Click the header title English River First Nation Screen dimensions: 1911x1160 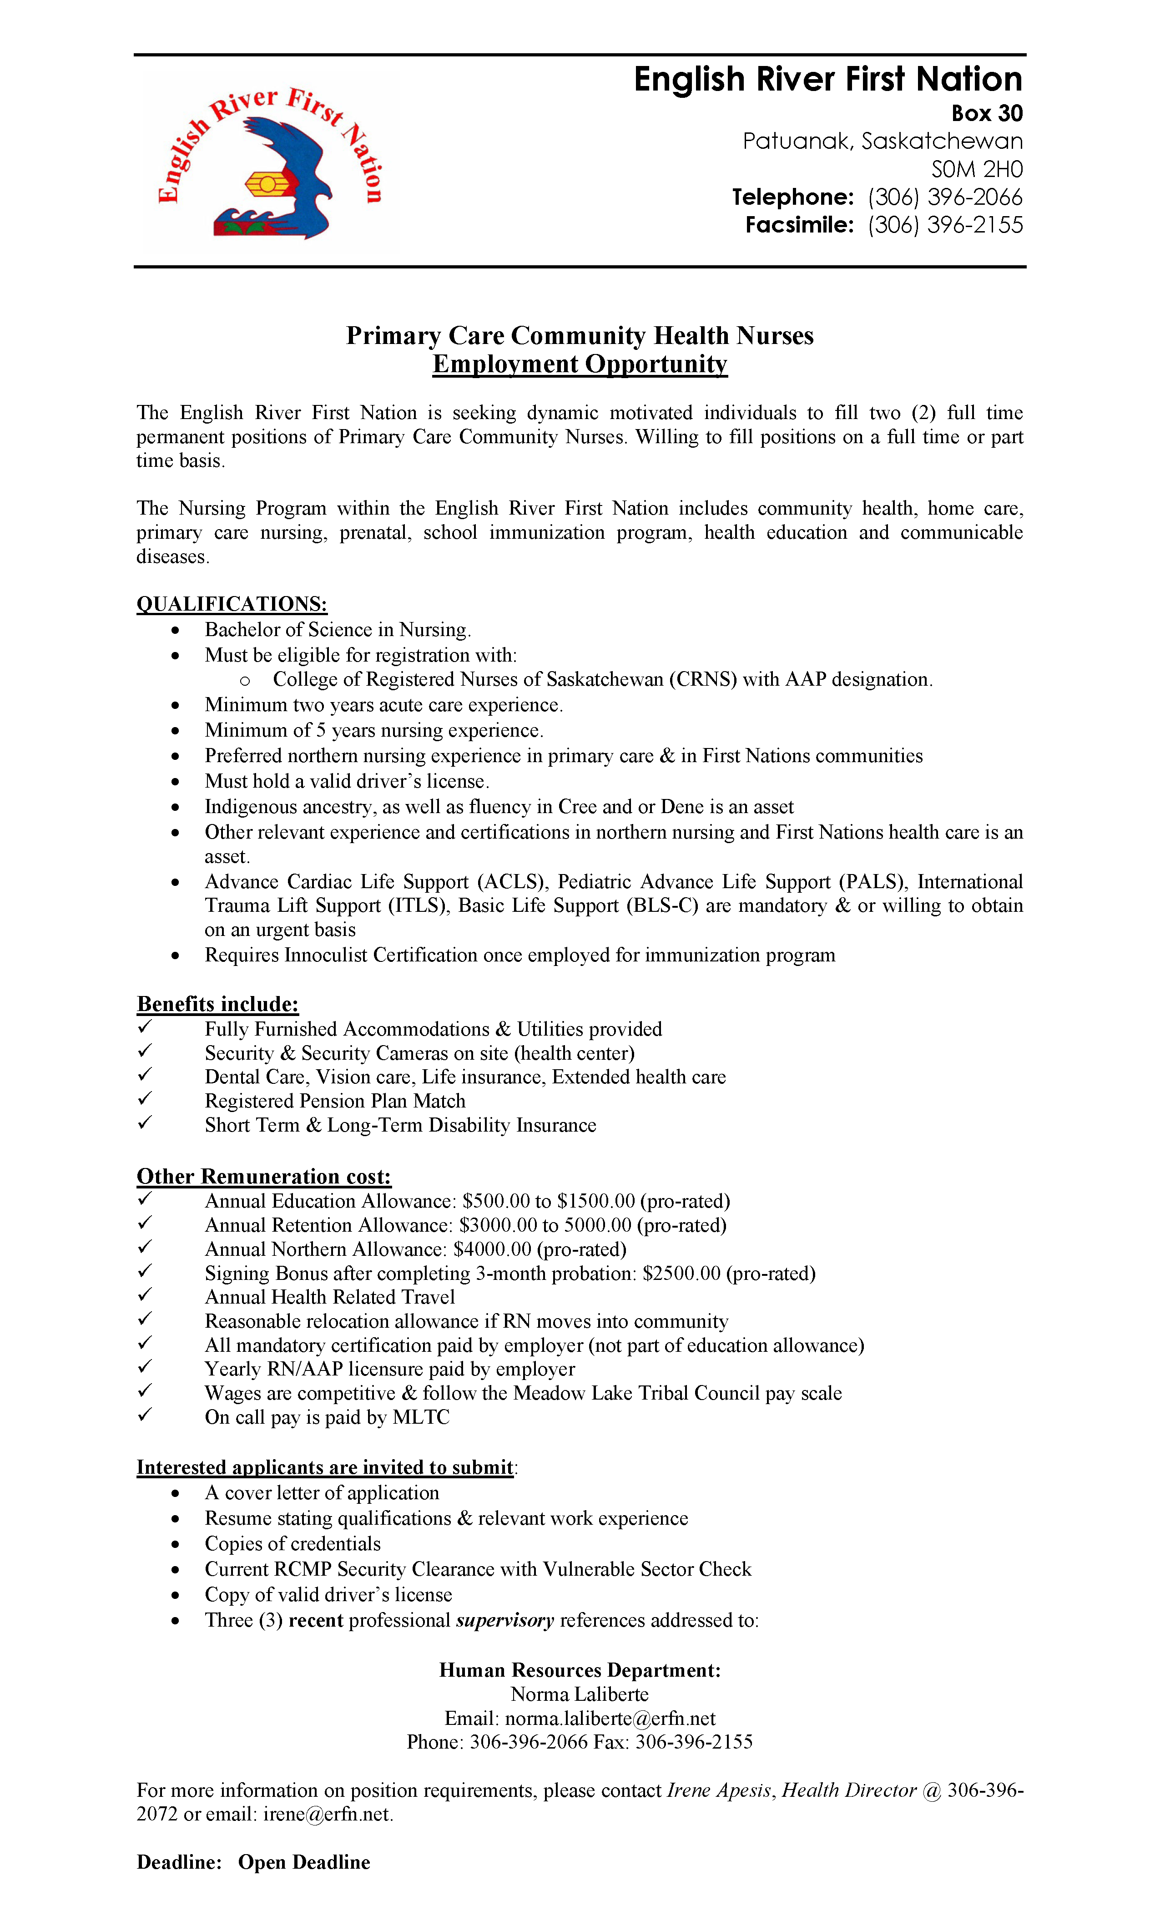(827, 79)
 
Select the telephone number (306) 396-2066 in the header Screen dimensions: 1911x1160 (944, 197)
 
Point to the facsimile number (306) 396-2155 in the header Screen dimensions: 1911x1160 (944, 225)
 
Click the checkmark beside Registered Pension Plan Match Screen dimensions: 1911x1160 (145, 1098)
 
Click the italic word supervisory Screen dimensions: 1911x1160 (505, 1620)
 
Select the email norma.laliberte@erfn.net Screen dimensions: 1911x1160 (610, 1718)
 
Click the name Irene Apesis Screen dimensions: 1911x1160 (719, 1790)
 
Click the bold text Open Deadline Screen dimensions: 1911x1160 (304, 1862)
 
